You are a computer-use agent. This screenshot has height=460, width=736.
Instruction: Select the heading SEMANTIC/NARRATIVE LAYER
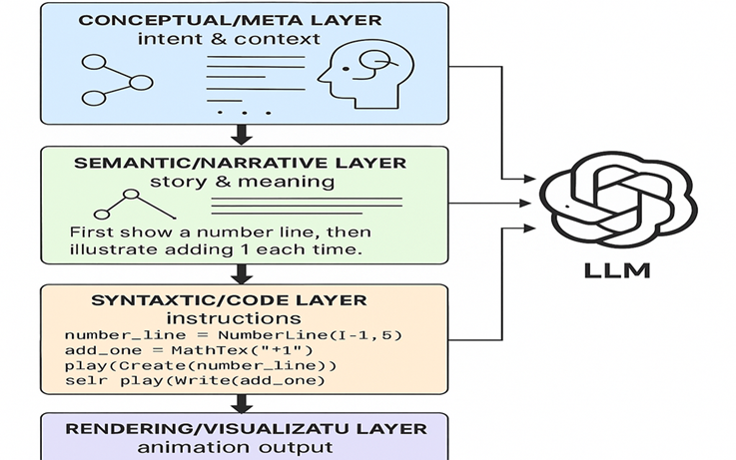[x=240, y=162]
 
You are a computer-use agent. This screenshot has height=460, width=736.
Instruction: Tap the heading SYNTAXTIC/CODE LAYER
[x=230, y=299]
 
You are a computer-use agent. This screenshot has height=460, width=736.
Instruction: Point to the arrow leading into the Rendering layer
[x=240, y=404]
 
